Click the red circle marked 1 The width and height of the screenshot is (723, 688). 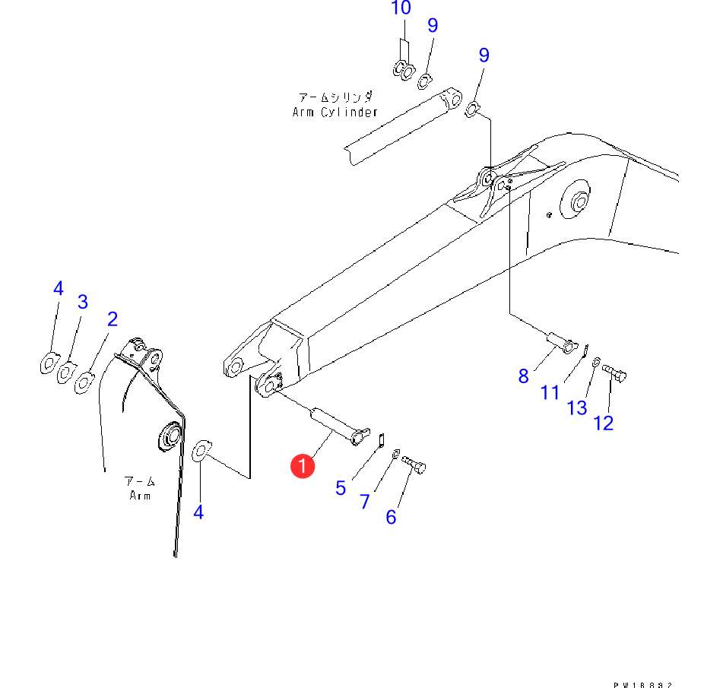(x=303, y=466)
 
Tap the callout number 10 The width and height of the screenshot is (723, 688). (x=401, y=9)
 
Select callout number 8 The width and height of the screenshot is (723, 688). (x=523, y=375)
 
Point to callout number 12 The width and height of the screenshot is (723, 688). (x=603, y=423)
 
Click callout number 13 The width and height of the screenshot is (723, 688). (x=577, y=407)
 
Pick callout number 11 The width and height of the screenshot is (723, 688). (x=550, y=392)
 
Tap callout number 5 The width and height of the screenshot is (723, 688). (x=341, y=487)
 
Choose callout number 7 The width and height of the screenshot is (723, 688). (x=365, y=502)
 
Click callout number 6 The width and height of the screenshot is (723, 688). (x=391, y=517)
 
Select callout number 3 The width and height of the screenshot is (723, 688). (x=83, y=302)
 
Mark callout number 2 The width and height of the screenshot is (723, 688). (x=112, y=319)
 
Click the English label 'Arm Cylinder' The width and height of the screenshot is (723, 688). (x=335, y=112)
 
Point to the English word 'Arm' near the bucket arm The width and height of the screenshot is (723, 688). (x=140, y=496)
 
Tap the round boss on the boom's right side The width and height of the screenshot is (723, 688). (x=576, y=202)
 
